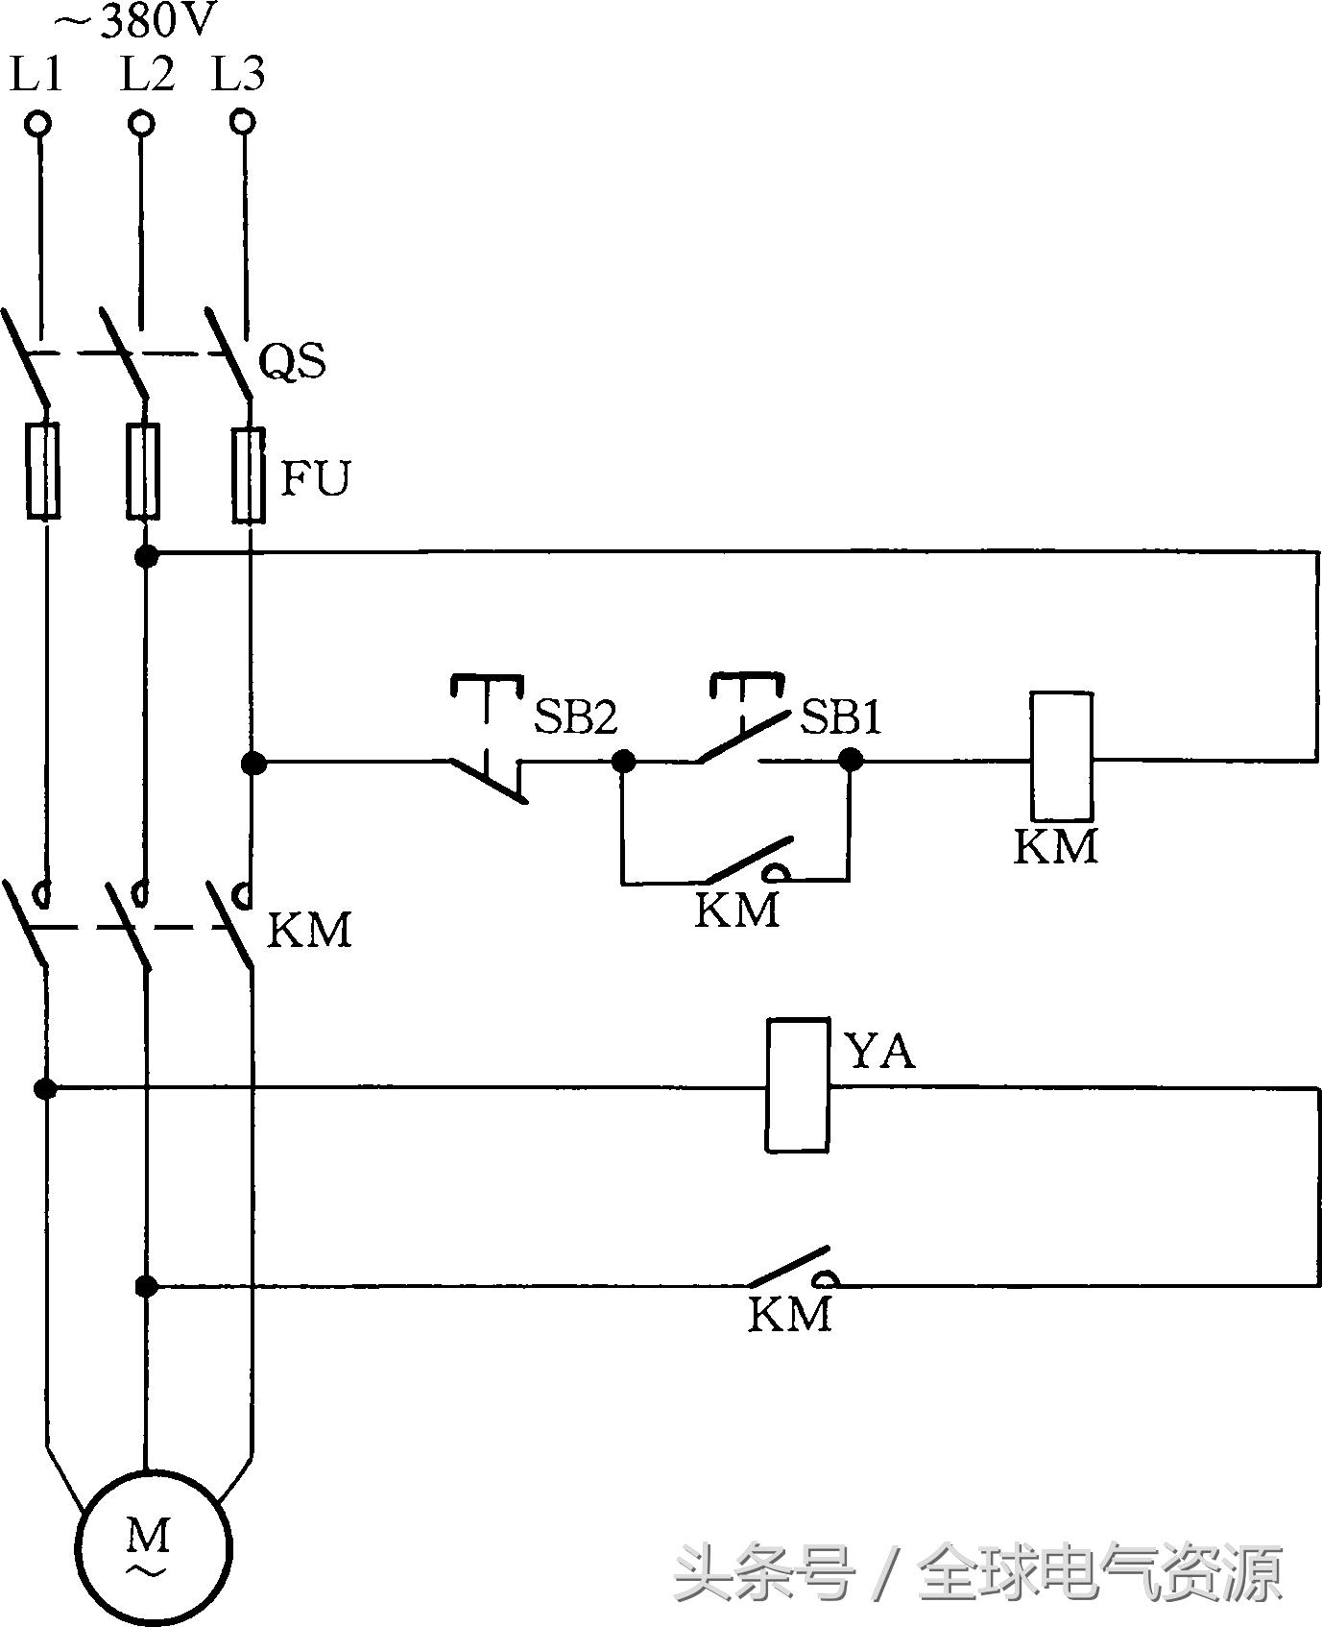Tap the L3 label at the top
238,74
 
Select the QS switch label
293,360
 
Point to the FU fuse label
315,477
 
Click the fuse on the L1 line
42,471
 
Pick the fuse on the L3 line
249,475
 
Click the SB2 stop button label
575,716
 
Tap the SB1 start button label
841,716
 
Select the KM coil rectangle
1061,755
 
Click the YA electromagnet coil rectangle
797,1085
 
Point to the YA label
879,1052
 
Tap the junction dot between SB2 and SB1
624,762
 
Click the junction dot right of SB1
850,761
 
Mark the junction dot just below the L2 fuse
146,555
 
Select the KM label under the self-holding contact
736,910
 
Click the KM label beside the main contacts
309,930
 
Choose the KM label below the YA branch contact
789,1314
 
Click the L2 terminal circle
142,124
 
